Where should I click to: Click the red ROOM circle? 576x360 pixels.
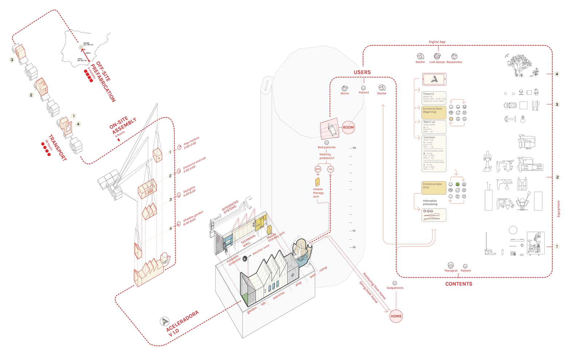coord(348,127)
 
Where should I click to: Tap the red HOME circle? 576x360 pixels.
coord(396,316)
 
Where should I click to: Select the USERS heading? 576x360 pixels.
coord(362,72)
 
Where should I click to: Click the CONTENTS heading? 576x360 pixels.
coord(458,284)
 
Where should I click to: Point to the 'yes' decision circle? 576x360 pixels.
coord(318,169)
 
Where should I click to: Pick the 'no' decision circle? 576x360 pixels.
coord(331,169)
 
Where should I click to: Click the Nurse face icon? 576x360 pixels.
coord(344,88)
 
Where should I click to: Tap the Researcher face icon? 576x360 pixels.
coord(454,56)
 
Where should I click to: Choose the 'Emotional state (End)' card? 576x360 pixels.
coord(434,188)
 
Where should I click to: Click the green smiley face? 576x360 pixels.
coord(457,185)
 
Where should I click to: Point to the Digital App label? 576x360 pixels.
coord(437,42)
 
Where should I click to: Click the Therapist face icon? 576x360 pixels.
coord(450,265)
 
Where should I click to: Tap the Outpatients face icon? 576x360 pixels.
coord(395,283)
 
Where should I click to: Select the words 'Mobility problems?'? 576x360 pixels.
coord(326,156)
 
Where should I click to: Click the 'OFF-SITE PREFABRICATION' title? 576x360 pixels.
coord(103,81)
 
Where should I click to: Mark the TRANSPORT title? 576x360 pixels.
coord(58,147)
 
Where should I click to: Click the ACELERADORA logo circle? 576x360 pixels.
coord(164,321)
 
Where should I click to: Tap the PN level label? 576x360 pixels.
coord(354,148)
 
